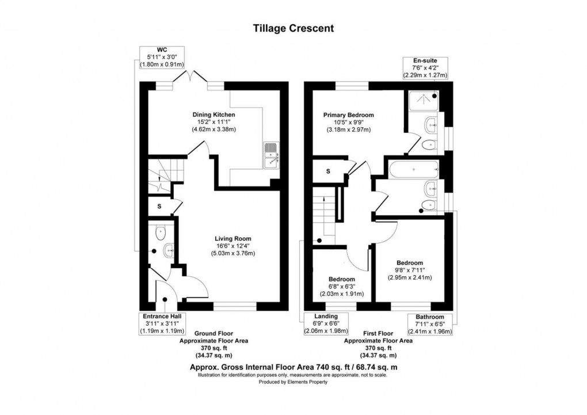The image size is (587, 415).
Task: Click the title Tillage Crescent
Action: click(x=293, y=28)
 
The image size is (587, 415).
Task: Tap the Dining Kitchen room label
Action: click(x=214, y=115)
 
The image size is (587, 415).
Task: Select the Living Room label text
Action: click(x=232, y=238)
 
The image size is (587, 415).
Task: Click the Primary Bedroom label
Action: click(x=348, y=115)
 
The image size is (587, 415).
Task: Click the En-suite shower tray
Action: click(x=422, y=101)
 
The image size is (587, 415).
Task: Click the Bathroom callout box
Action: click(x=430, y=324)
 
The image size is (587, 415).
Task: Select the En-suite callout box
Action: click(x=425, y=67)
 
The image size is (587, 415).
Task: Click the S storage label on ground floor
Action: click(x=159, y=206)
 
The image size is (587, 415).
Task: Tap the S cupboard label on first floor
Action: click(x=328, y=171)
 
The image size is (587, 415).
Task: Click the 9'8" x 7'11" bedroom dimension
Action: click(x=409, y=271)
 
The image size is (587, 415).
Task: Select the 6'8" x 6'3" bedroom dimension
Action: click(x=342, y=287)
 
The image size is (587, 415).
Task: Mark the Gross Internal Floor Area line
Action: click(x=293, y=367)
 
